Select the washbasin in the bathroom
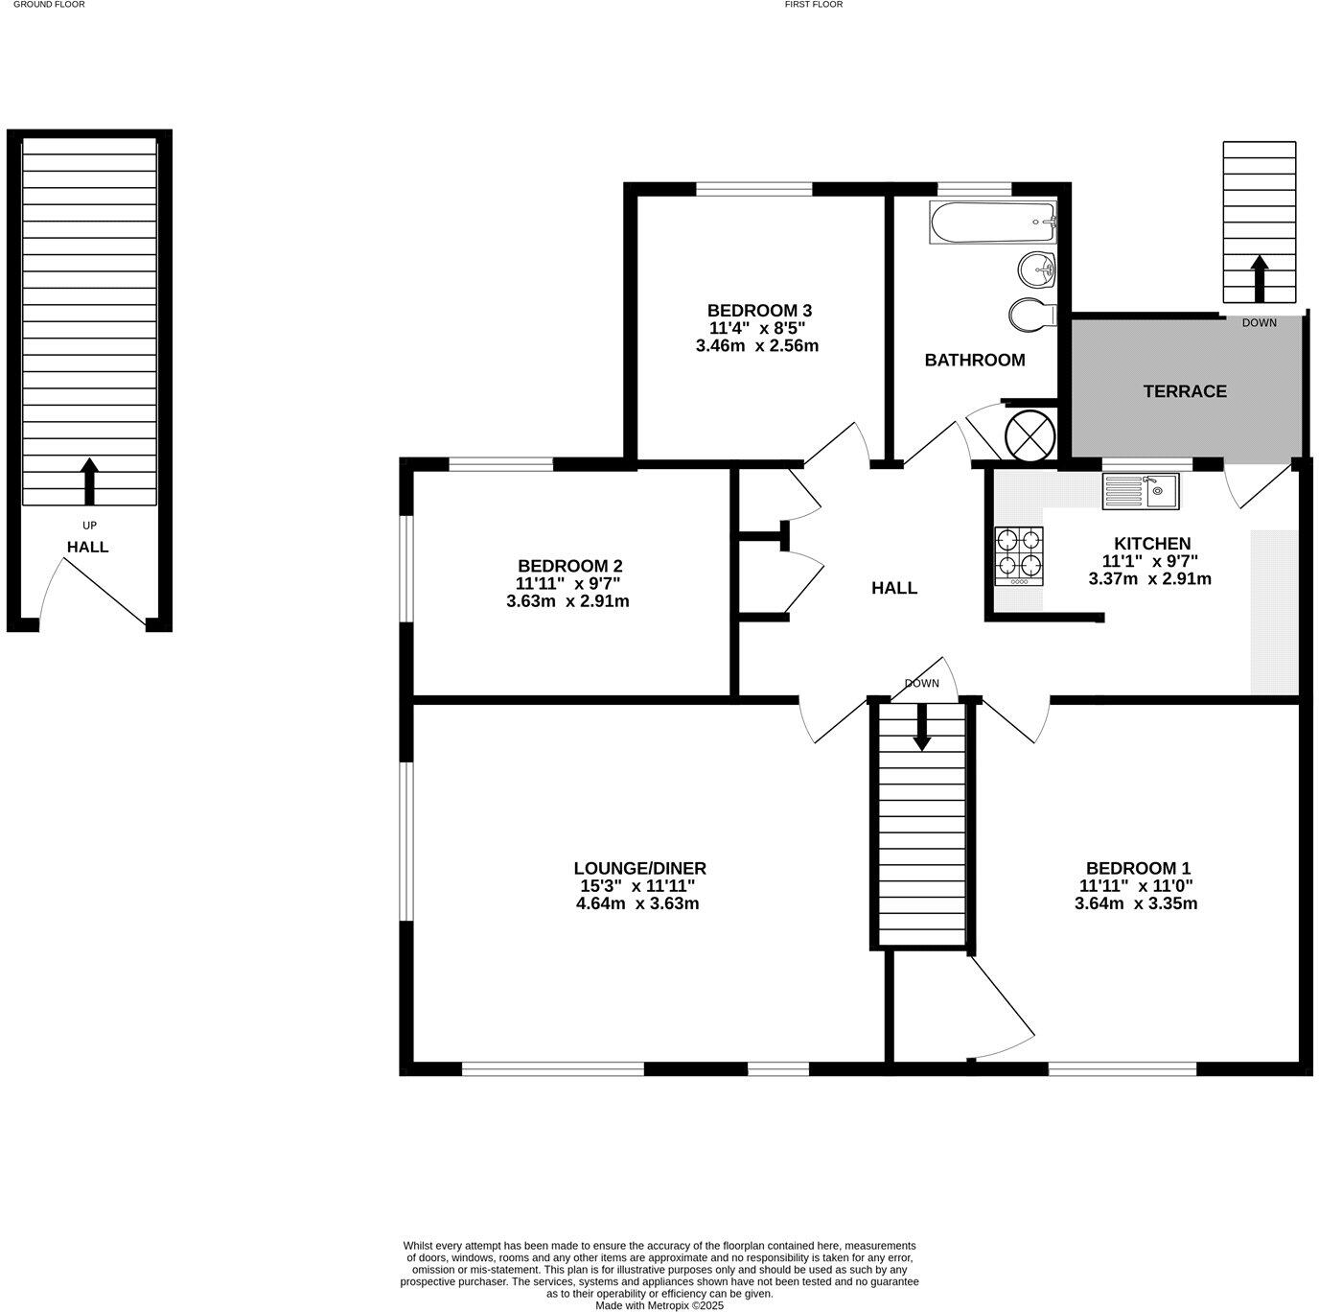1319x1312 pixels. (1037, 269)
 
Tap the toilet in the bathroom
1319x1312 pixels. (1031, 313)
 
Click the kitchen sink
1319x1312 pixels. (1141, 491)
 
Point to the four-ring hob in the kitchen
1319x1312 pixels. (1018, 555)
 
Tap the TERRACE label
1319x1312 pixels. (1185, 391)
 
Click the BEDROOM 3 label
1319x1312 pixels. (759, 311)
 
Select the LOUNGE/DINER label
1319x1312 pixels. (639, 869)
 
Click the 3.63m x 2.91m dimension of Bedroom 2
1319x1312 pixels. (567, 602)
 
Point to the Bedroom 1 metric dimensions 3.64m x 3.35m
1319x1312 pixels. (1136, 903)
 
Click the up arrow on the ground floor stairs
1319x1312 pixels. (90, 480)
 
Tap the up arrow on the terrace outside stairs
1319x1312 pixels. (1259, 277)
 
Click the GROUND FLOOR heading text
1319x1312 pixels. (49, 5)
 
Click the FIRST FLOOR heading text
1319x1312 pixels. (813, 5)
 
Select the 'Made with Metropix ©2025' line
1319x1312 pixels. (659, 1305)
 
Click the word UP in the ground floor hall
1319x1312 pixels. (89, 526)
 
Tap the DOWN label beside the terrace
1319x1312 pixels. (1259, 323)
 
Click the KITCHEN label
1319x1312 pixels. (1152, 544)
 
